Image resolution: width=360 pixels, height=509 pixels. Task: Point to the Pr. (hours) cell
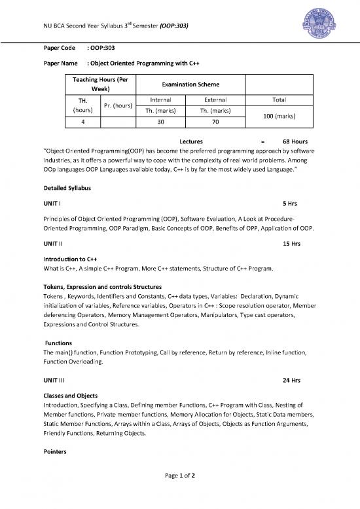click(118, 105)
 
